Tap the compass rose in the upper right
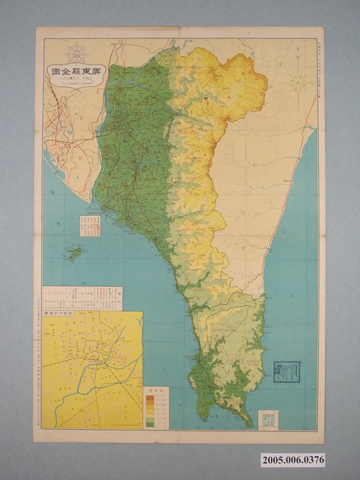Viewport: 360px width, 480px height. click(298, 80)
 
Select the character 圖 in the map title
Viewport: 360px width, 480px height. click(55, 74)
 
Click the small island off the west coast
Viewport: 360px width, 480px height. click(74, 253)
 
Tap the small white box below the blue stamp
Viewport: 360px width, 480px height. click(267, 419)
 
